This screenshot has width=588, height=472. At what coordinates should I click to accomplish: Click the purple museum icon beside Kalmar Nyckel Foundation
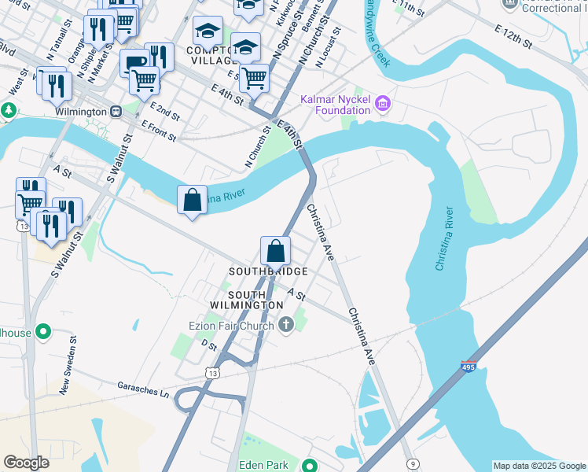tap(383, 103)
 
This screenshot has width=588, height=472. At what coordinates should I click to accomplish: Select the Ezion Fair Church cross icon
tap(286, 323)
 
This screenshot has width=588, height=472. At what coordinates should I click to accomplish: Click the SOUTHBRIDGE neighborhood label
tap(267, 271)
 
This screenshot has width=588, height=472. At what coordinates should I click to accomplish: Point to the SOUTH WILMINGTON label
tap(246, 299)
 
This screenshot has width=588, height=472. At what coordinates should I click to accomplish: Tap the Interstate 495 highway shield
tap(468, 367)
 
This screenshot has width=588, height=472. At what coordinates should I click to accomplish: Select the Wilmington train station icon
tap(116, 112)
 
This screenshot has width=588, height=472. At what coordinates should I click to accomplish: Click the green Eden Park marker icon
tap(310, 465)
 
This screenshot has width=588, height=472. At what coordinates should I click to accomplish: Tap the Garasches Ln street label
tap(143, 389)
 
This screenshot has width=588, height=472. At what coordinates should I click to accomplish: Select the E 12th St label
tap(515, 35)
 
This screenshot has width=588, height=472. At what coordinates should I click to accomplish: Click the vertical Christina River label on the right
tap(446, 238)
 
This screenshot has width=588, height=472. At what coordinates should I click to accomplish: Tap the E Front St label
tap(158, 130)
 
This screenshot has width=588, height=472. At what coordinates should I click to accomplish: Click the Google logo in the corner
tap(26, 463)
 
